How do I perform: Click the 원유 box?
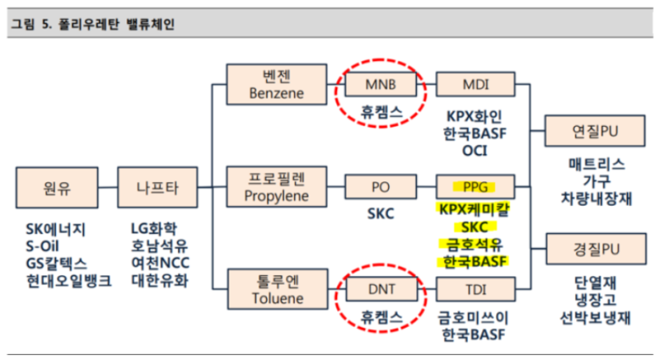coord(58,188)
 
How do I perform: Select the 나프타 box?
coord(158,187)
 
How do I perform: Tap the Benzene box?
coord(276,85)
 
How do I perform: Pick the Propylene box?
coord(276,187)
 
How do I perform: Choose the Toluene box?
coord(278,290)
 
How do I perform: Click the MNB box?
coord(380,85)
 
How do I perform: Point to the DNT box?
coord(382,289)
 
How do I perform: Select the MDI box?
coord(476,85)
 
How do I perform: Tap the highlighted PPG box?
coord(475,186)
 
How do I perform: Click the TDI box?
coord(476,290)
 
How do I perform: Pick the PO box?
coord(380,186)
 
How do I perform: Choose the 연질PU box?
coord(595,131)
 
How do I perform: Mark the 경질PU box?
coord(596,249)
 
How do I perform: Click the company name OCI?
coord(475,150)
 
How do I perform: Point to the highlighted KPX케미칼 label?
coord(475,209)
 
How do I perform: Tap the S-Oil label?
coord(42,246)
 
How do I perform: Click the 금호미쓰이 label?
coord(473,318)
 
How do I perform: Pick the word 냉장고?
coord(596,300)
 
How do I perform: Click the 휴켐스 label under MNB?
coord(381,112)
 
